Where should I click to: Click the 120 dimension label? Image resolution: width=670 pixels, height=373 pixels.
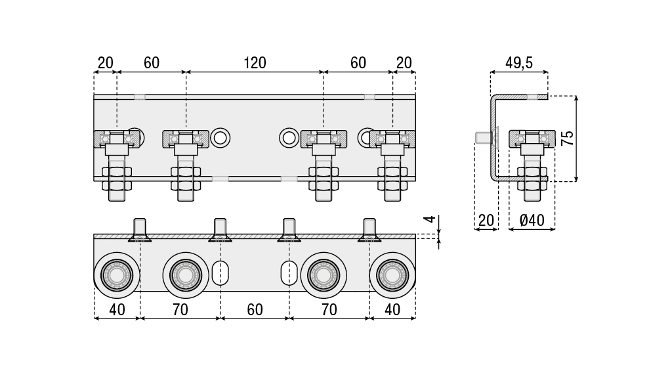(255, 63)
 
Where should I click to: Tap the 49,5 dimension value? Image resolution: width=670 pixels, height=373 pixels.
(519, 63)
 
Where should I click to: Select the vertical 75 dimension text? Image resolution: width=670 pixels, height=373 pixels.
(568, 138)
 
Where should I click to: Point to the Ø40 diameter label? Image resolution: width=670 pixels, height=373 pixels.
(532, 221)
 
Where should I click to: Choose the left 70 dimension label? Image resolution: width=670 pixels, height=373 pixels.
(180, 309)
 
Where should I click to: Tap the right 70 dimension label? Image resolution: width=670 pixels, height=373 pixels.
(329, 309)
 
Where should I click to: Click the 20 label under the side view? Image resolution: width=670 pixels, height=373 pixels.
(486, 221)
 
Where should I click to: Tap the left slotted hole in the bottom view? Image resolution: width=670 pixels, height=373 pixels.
(220, 272)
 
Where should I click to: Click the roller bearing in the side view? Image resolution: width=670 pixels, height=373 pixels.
(532, 139)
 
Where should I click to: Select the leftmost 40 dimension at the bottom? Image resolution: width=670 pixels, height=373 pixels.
(117, 309)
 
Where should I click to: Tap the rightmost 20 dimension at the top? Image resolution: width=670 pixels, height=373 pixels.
(404, 63)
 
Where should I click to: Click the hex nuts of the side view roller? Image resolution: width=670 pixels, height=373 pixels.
(532, 174)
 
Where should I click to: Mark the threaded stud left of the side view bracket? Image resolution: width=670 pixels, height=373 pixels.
(482, 138)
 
